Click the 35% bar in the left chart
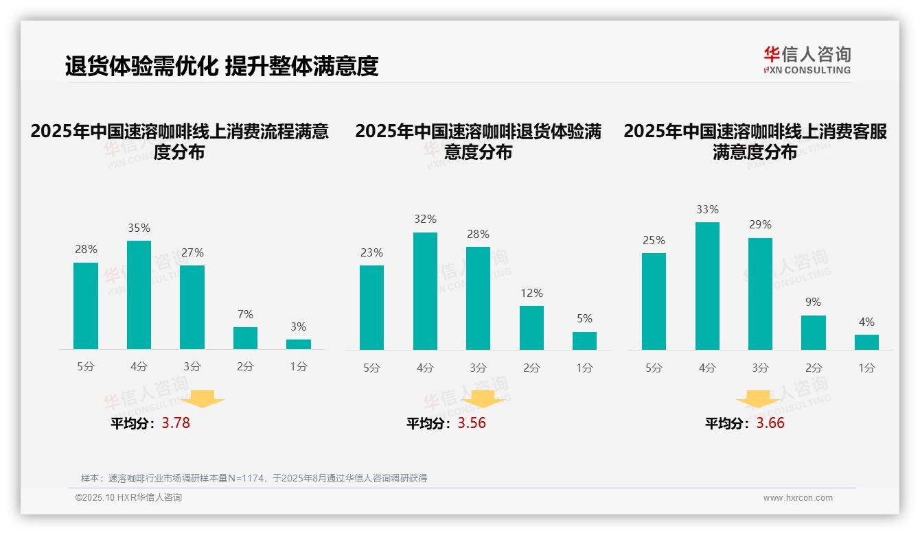(x=139, y=295)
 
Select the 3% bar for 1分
(x=299, y=344)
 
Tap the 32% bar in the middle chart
(x=425, y=291)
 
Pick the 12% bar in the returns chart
(x=531, y=328)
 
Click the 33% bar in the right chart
(x=707, y=286)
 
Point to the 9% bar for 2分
(x=814, y=333)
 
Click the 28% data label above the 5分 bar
(x=86, y=250)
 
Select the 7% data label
(x=245, y=314)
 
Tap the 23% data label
(x=371, y=252)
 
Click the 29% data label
(x=760, y=224)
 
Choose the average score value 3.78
(x=176, y=423)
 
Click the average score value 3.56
(x=472, y=423)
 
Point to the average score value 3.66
(x=770, y=423)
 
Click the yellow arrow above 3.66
(x=758, y=400)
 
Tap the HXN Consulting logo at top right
(x=807, y=60)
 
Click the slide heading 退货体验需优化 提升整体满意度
(x=222, y=66)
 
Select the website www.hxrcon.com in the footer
(x=798, y=498)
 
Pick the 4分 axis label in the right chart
(x=707, y=368)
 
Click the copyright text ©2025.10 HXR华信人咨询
(x=128, y=498)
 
